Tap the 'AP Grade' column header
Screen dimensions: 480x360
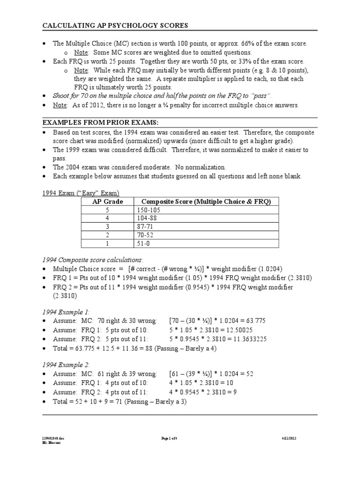(107, 202)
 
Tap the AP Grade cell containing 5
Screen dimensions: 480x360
(107, 210)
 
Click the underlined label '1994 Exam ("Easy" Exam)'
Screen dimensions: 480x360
(81, 193)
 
